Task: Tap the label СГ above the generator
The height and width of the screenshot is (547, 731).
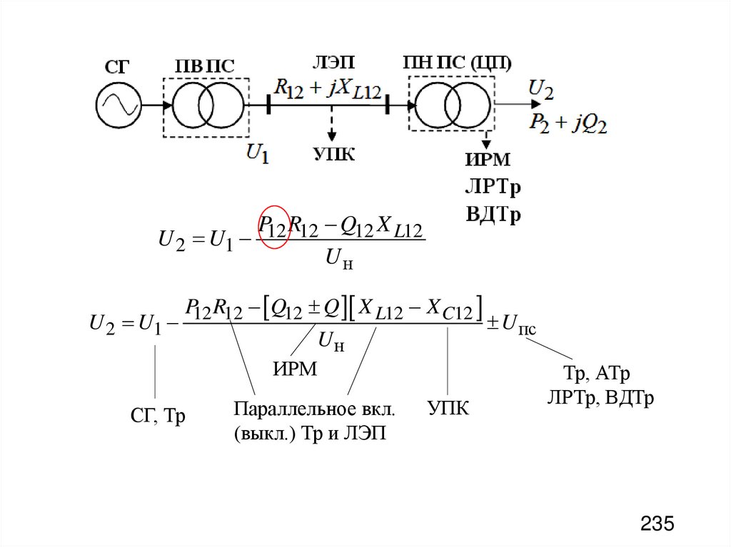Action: [x=117, y=67]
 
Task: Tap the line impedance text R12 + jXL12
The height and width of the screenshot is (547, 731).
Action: [x=328, y=88]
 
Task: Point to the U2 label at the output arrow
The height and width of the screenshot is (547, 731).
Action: [x=540, y=89]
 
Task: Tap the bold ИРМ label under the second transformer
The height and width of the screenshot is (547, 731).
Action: [x=488, y=160]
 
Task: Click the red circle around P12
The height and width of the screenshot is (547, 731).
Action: [x=273, y=227]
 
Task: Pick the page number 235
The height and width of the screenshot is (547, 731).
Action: [x=657, y=524]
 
